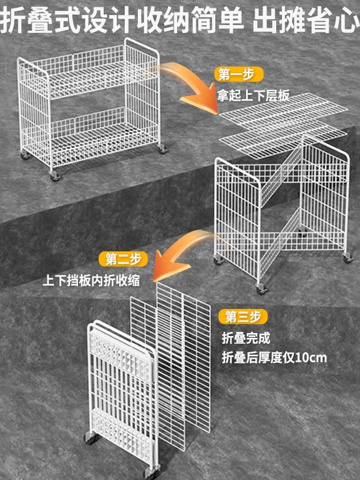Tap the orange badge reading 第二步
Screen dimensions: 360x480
tap(123, 259)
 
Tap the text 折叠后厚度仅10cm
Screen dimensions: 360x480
tap(274, 358)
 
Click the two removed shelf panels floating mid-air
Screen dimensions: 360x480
tap(282, 123)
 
